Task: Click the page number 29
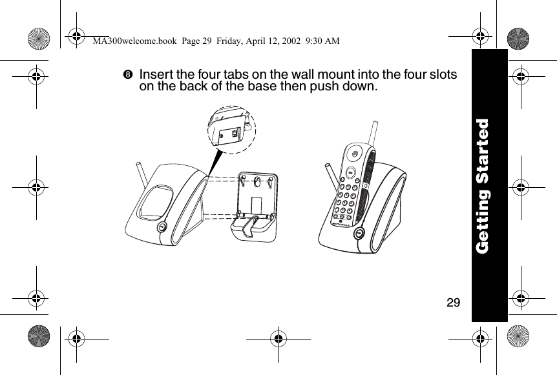454,302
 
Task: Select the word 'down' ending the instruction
358,86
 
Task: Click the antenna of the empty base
142,173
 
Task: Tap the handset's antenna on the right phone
372,136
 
